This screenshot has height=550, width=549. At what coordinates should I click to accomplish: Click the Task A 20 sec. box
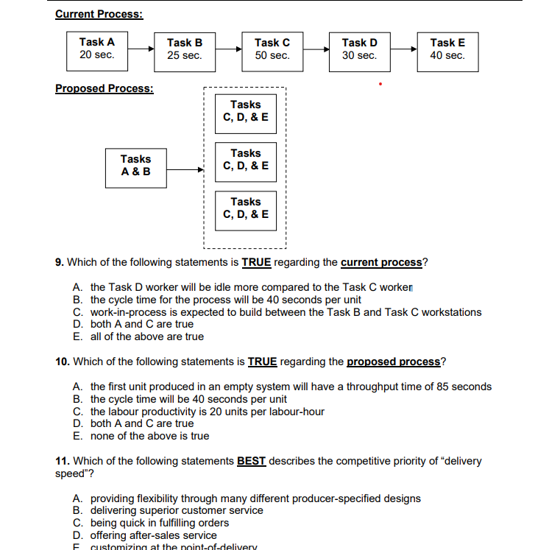(x=96, y=49)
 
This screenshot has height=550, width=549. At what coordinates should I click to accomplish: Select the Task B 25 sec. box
(x=184, y=49)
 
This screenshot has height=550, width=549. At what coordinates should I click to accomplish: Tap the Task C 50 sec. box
(x=272, y=49)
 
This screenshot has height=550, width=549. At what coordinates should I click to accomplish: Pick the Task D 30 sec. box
(x=359, y=49)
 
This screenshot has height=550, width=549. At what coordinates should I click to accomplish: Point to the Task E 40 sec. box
(x=447, y=49)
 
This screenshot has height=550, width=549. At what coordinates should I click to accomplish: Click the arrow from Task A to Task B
(x=140, y=49)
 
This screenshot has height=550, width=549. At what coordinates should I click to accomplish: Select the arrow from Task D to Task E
(x=403, y=49)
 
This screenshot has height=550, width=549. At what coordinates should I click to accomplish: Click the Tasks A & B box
(x=135, y=166)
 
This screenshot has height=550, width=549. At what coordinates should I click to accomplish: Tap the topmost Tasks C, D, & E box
(x=245, y=111)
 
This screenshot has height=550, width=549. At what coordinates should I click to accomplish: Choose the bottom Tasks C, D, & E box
(x=245, y=208)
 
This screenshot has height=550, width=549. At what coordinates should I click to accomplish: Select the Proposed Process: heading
(x=105, y=88)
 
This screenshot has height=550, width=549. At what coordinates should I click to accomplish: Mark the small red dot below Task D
(x=380, y=85)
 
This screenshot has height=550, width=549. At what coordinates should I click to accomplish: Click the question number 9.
(x=59, y=263)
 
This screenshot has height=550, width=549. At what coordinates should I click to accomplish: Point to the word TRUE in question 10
(x=262, y=362)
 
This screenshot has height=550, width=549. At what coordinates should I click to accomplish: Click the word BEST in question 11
(x=251, y=462)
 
